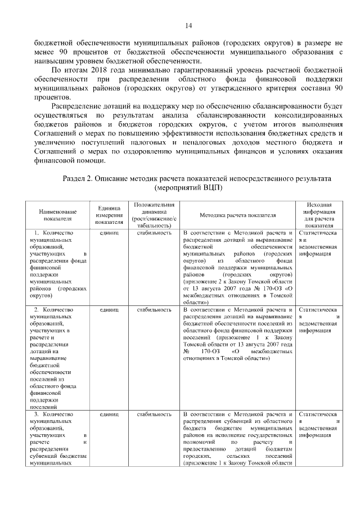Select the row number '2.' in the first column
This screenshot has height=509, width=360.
pyautogui.click(x=37, y=309)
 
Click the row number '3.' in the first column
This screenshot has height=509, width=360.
pyautogui.click(x=37, y=414)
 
